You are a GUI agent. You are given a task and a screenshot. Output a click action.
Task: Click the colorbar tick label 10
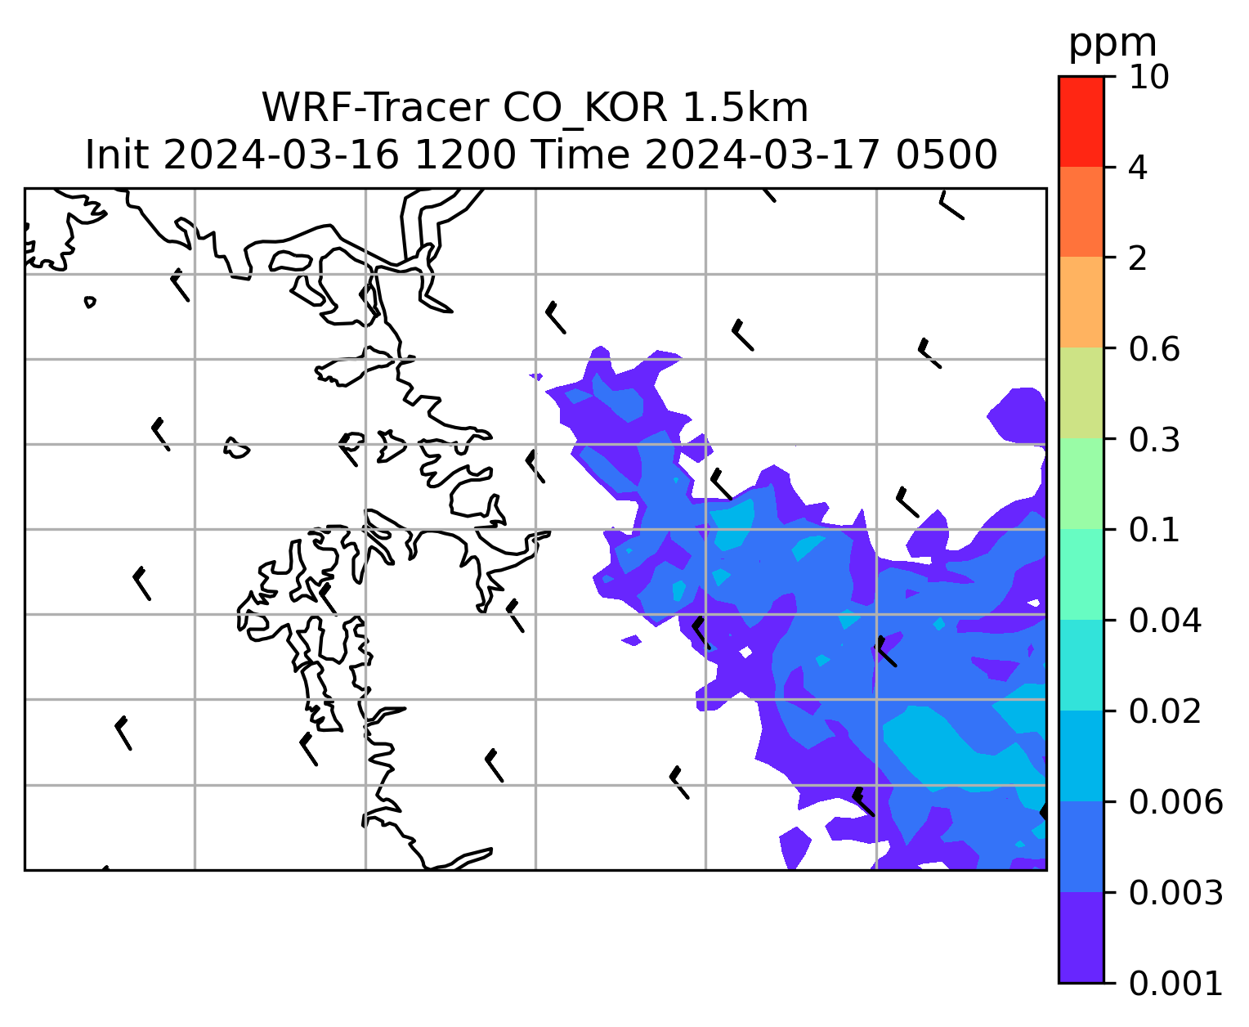1148,77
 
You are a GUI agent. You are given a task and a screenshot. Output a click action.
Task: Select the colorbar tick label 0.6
1153,349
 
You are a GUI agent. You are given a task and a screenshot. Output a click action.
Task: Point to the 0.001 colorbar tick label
1175,984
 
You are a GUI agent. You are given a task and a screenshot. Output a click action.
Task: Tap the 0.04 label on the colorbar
1164,621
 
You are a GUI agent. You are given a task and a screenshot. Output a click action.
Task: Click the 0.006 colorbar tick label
1175,802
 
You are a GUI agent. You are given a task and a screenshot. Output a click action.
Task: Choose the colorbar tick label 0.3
1153,439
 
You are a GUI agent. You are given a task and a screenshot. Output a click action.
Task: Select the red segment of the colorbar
1081,121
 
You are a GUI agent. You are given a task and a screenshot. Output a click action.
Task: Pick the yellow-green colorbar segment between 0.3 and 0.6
1081,392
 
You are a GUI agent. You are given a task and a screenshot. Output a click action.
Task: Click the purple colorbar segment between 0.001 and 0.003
1081,937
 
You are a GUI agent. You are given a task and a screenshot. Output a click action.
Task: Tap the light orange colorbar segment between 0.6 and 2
1081,302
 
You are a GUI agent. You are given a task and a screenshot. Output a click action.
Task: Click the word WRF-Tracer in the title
375,108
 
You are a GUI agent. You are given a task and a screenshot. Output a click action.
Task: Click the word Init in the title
117,155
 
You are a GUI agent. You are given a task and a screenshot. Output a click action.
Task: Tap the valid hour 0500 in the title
946,155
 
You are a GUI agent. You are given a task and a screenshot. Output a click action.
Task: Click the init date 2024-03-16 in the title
281,155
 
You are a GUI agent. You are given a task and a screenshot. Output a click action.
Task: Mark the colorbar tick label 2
1138,258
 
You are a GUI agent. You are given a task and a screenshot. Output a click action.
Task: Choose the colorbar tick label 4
1138,168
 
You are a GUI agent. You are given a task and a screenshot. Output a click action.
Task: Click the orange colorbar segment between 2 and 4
1081,212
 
